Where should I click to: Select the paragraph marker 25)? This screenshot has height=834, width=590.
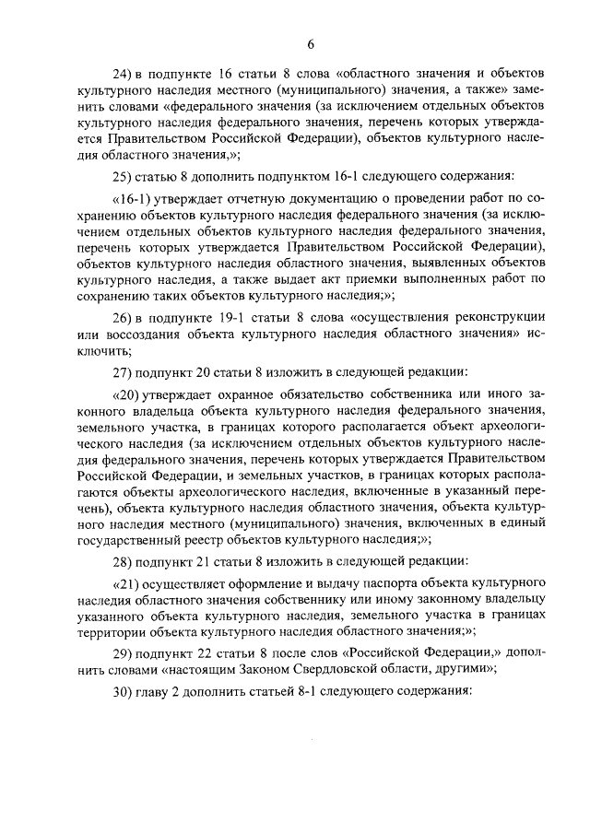(124, 175)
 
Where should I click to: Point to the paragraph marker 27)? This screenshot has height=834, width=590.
(124, 372)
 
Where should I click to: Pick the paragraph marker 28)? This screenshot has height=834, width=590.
(124, 561)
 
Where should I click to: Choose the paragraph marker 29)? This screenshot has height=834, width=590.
(124, 653)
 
